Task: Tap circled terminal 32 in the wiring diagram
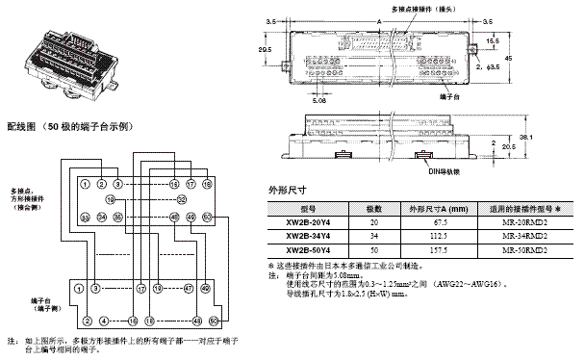[182, 198]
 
